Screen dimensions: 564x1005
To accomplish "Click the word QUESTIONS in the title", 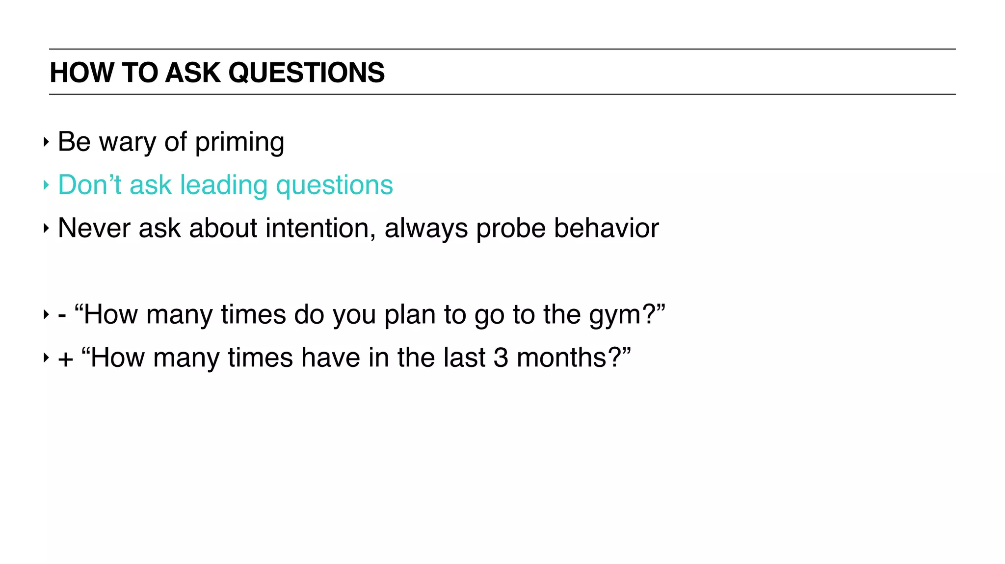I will [x=306, y=73].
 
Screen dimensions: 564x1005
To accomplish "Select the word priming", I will [x=239, y=143].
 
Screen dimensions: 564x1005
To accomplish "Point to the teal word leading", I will [x=223, y=186].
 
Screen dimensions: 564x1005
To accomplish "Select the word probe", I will [x=511, y=229].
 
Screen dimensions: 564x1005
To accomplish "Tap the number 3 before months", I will [x=501, y=358].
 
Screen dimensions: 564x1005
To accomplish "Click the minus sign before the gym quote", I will [x=62, y=315].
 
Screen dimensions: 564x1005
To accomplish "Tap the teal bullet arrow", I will [x=46, y=185].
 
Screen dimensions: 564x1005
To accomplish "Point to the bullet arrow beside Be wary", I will [x=46, y=142].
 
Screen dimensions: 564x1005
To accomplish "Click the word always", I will [x=426, y=229].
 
